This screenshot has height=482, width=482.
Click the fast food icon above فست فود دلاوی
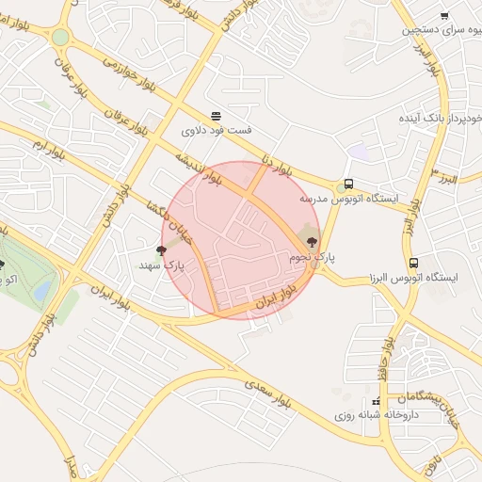pyautogui.click(x=217, y=117)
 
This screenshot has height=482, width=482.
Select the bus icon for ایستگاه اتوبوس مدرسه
pyautogui.click(x=349, y=185)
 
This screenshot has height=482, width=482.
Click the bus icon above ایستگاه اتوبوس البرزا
pyautogui.click(x=414, y=263)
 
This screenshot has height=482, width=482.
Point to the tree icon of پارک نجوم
pyautogui.click(x=313, y=243)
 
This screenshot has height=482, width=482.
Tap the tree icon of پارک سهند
pyautogui.click(x=162, y=249)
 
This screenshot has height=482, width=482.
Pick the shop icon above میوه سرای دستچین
pyautogui.click(x=444, y=15)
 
